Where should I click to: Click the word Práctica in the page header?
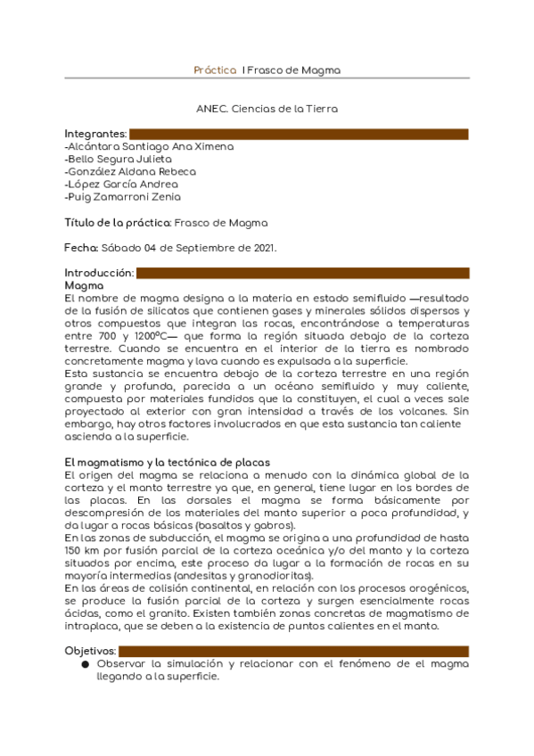coord(215,70)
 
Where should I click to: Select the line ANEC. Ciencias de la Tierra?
coord(267,109)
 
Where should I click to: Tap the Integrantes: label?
coord(95,134)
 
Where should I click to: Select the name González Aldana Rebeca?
coord(130,171)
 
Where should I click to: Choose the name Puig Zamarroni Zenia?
coord(122,197)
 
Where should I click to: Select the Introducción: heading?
coord(99,273)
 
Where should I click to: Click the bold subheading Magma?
coord(84,285)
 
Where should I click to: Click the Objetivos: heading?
coord(91,652)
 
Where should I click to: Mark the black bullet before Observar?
coord(85,665)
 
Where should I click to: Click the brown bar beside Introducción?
coord(302,273)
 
